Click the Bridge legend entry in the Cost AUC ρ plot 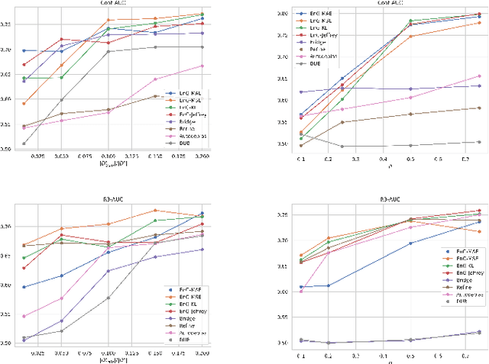click(298, 42)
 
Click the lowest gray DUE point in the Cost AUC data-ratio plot click(24, 143)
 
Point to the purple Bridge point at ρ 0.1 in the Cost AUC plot click(280, 92)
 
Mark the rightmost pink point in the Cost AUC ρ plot click(479, 76)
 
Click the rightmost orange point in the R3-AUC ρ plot click(479, 231)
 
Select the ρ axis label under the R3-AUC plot click(379, 359)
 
